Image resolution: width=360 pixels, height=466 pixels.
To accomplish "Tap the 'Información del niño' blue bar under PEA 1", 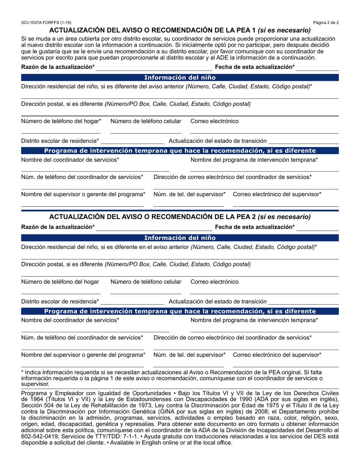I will [180, 77].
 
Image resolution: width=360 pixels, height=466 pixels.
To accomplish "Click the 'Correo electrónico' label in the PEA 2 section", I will [214, 281].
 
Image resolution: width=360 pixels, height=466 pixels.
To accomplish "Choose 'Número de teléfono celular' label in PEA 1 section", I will [146, 121].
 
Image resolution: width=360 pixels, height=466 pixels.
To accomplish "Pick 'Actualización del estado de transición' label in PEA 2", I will [217, 302].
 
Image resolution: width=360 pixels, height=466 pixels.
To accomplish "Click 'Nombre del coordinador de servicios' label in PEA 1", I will [70, 160].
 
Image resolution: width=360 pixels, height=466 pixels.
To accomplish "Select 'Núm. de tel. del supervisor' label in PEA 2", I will [189, 355].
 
